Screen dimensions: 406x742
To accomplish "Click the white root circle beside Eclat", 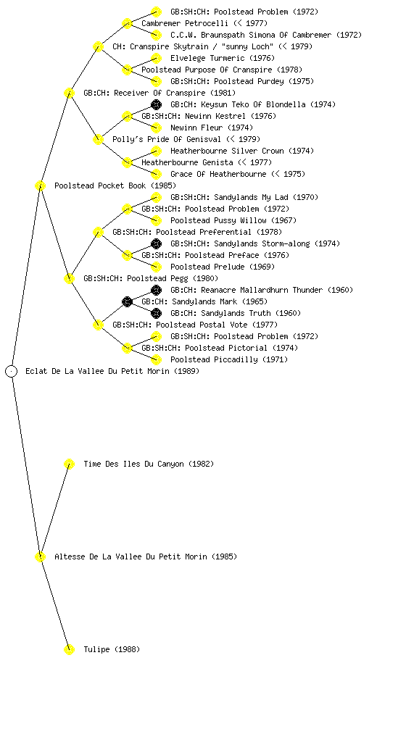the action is pyautogui.click(x=12, y=372).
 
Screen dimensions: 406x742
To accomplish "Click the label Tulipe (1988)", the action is pyautogui.click(x=112, y=649).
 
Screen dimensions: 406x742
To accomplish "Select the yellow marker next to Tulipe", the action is pyautogui.click(x=69, y=649).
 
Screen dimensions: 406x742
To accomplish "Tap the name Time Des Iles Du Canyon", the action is pyautogui.click(x=134, y=464).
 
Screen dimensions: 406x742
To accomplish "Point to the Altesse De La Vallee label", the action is pyautogui.click(x=146, y=556).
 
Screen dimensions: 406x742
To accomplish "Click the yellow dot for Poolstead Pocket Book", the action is pyautogui.click(x=40, y=186).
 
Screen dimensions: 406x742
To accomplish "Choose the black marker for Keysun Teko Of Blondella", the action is pyautogui.click(x=156, y=104).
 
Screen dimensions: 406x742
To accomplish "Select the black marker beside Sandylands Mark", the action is pyautogui.click(x=127, y=301).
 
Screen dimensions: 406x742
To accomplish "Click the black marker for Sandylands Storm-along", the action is pyautogui.click(x=156, y=243).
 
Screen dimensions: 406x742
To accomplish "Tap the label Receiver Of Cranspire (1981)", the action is pyautogui.click(x=159, y=93).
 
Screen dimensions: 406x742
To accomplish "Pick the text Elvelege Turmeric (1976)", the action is pyautogui.click(x=223, y=58).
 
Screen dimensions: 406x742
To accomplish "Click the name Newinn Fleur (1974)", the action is pyautogui.click(x=212, y=128).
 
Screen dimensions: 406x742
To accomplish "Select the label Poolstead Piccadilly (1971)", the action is pyautogui.click(x=229, y=359).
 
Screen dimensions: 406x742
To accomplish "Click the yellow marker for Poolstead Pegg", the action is pyautogui.click(x=69, y=279).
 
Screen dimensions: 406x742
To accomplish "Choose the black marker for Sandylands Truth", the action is pyautogui.click(x=156, y=313).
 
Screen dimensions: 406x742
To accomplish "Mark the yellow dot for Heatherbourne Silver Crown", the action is pyautogui.click(x=156, y=151).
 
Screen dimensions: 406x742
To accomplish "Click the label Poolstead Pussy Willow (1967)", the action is pyautogui.click(x=233, y=220).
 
